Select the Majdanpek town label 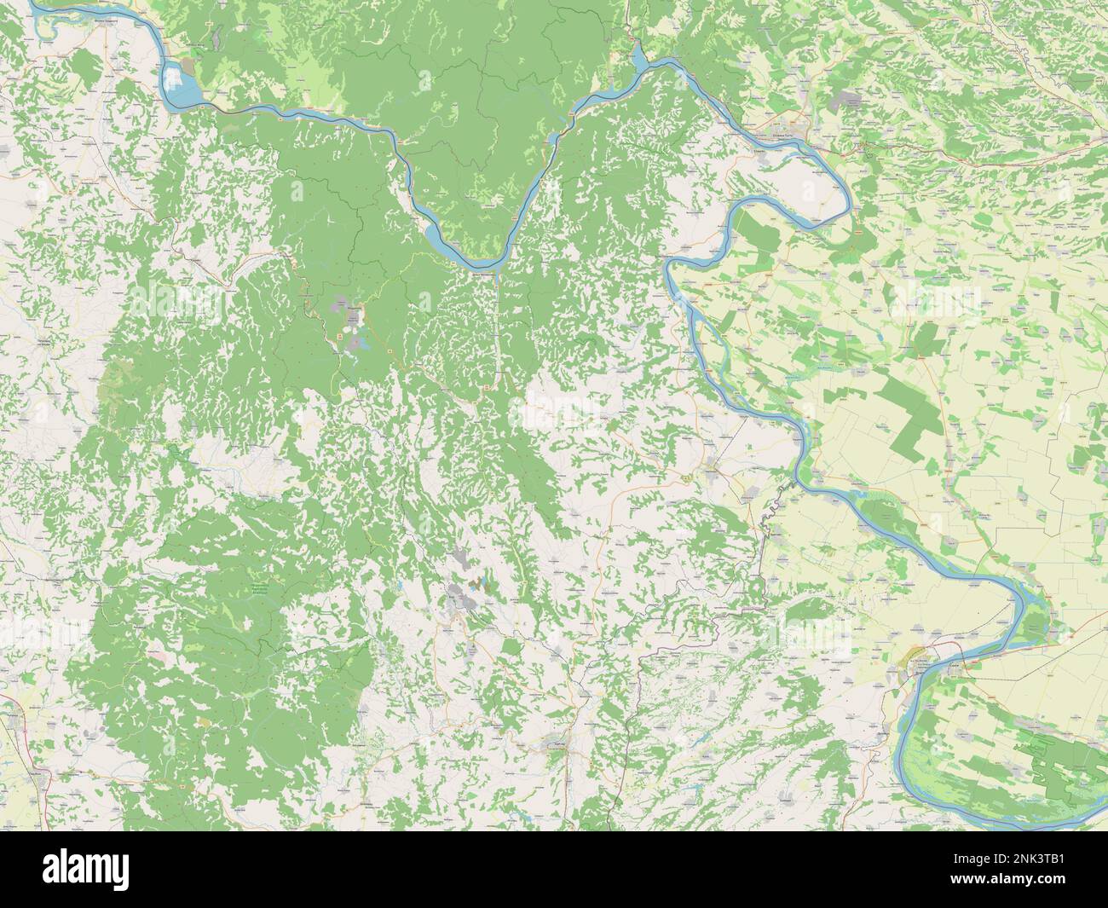[350, 305]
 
